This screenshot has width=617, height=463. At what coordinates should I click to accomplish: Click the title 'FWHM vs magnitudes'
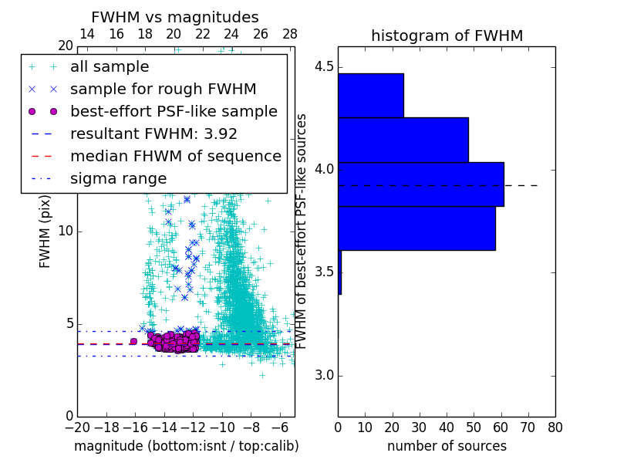pos(175,18)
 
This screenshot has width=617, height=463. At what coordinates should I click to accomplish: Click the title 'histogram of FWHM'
pos(447,35)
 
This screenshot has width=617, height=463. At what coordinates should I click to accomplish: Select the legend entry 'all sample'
pos(110,67)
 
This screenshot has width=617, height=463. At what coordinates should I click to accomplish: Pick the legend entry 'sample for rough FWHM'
pos(163,90)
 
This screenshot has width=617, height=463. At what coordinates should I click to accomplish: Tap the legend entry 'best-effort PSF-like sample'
pos(174,112)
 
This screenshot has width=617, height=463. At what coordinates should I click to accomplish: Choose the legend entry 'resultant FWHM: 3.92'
pos(153,133)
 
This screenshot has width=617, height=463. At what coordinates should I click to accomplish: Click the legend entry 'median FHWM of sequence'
pos(175,156)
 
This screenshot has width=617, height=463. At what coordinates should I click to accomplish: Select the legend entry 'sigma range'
pos(118,178)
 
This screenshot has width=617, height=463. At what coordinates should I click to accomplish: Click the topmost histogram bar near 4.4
pos(370,95)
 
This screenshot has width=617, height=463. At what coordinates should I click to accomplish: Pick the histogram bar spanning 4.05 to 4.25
pos(403,140)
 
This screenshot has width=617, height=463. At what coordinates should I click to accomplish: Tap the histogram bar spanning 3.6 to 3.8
pos(416,228)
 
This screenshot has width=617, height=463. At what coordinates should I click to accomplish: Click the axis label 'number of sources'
pos(447,446)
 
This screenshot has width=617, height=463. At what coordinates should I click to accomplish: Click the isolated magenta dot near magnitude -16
pos(133,341)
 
